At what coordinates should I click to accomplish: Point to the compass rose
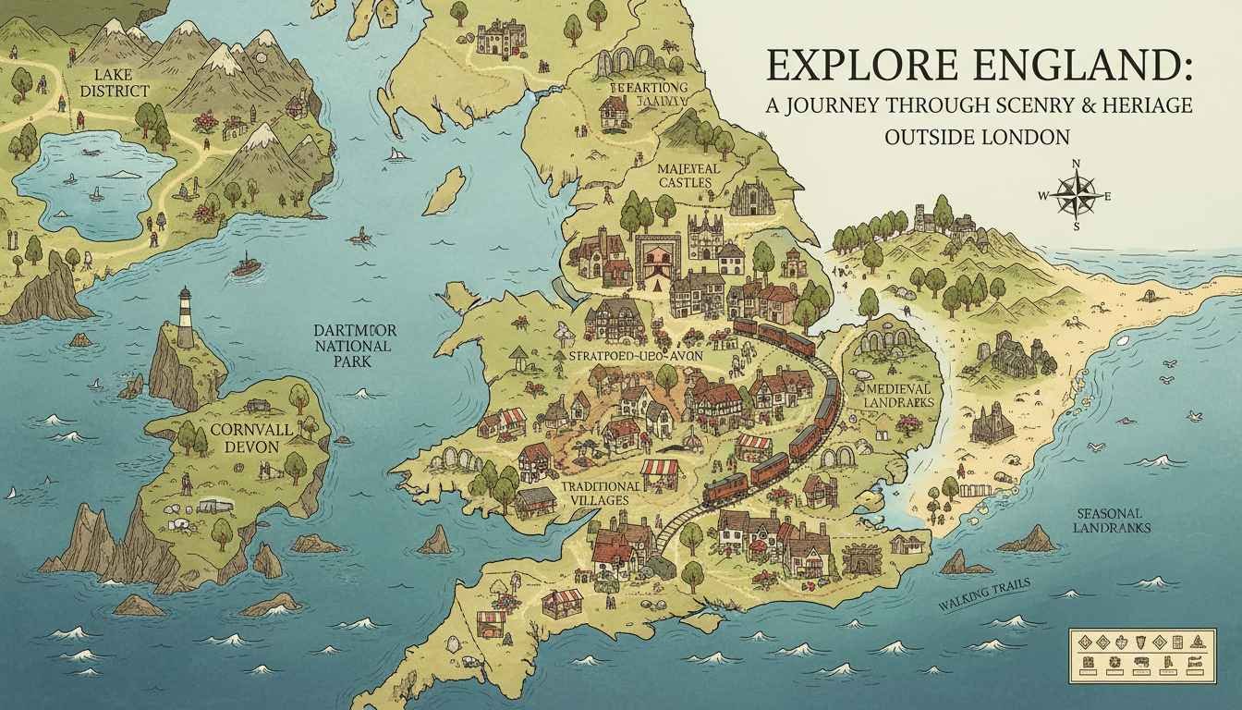(1075, 195)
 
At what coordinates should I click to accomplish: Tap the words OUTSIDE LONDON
(977, 137)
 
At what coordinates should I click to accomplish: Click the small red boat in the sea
(246, 265)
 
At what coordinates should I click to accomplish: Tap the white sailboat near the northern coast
(398, 153)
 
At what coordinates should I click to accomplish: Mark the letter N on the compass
(1076, 165)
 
